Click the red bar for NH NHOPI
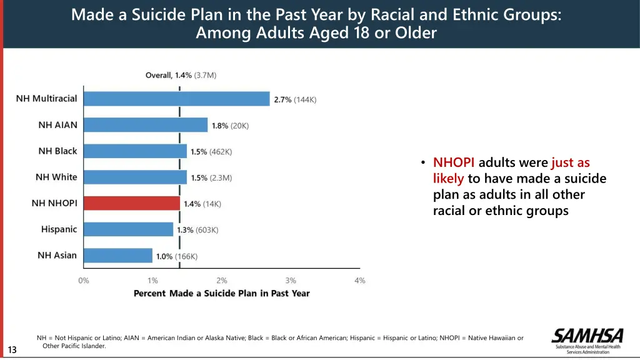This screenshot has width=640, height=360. point(132,203)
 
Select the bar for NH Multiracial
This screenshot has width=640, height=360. point(176,99)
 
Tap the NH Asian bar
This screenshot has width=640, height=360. point(118,256)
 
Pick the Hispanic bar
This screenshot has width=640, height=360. point(128,229)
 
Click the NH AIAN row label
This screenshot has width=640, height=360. point(57,125)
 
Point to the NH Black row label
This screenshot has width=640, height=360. point(57,151)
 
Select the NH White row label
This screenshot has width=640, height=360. point(56,177)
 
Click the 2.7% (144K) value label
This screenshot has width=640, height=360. point(295,99)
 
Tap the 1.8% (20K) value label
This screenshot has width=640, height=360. point(230,126)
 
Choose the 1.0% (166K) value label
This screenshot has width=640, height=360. point(177,256)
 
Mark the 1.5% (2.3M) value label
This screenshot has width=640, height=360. point(211,178)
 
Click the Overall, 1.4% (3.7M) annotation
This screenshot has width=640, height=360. point(181,75)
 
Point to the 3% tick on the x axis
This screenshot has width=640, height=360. point(291,281)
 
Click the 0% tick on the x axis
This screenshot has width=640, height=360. point(84,281)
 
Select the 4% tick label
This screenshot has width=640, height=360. point(360,281)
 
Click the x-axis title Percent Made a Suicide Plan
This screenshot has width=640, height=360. point(221,293)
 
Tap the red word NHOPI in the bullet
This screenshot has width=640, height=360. point(454,163)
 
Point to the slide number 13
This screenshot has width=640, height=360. point(12,349)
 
